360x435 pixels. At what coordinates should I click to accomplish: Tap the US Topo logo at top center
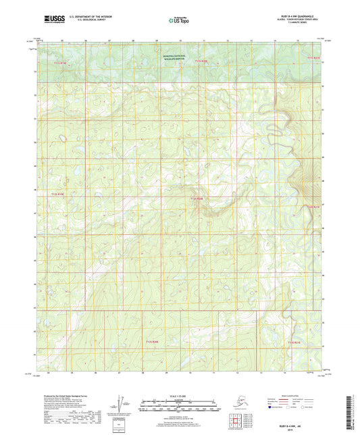(x=179, y=21)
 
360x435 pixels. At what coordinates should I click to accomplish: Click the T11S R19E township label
(x=60, y=62)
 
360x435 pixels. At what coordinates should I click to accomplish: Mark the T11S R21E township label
(x=313, y=58)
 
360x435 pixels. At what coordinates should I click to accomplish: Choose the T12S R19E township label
(x=59, y=195)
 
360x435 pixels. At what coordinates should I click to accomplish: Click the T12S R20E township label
(x=197, y=198)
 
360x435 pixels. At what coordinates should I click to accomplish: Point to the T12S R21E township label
(x=311, y=207)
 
